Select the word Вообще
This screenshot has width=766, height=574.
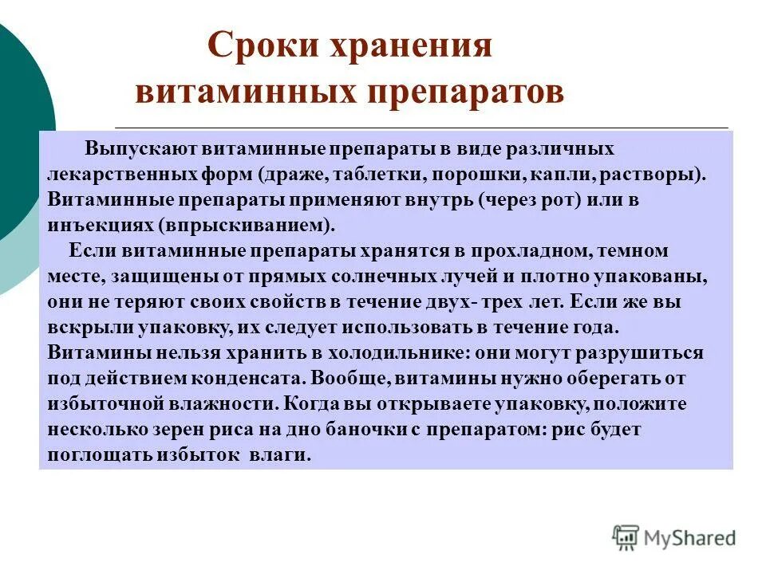(x=351, y=379)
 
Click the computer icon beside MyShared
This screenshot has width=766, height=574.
(x=626, y=537)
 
